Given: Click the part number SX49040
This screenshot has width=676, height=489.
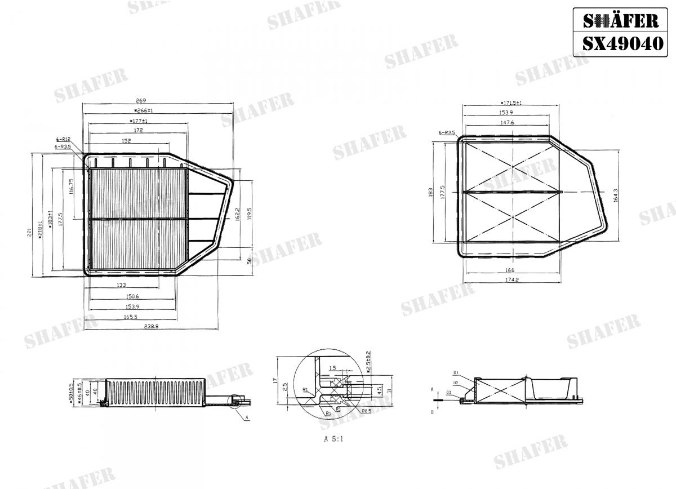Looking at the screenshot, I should pos(622,43).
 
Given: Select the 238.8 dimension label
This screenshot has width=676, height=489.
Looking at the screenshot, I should pos(152,326).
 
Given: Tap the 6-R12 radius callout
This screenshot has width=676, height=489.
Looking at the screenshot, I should pos(63,139).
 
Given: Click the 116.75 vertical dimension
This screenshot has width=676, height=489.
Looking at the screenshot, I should pos(72,186).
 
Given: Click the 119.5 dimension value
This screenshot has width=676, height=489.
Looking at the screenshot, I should pos(250,214).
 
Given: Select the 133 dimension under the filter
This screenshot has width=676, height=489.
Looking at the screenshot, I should pos(121,285).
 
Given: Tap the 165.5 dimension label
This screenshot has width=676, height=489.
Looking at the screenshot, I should pos(131,317).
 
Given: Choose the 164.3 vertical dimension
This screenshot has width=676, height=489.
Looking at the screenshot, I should pos(616,195).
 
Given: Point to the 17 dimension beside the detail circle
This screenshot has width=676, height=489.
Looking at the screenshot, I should pos(275,381).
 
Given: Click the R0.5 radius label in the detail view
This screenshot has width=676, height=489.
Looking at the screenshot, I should pos(365,411).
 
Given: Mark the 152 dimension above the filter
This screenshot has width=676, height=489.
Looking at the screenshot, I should pos(126,141).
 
